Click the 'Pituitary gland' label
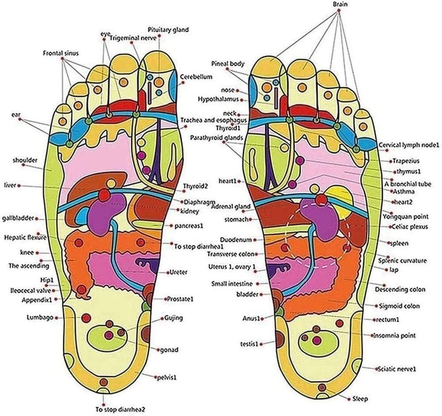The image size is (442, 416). point(168,30)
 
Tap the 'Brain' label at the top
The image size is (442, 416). point(340,4)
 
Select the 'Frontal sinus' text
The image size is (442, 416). point(61,53)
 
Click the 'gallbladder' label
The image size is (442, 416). point(18,219)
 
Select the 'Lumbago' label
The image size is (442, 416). point(40,317)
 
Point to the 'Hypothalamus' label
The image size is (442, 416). point(218,99)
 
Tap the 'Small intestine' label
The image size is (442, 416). point(232,284)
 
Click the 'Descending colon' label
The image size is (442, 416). point(400,289)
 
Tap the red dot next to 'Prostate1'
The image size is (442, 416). point(164,300)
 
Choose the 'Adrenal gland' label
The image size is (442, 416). point(231,207)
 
